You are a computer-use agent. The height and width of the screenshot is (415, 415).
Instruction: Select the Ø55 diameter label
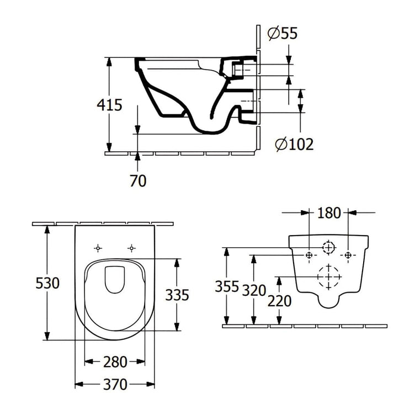tap(282, 34)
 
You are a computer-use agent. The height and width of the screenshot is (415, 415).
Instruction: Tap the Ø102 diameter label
tap(294, 145)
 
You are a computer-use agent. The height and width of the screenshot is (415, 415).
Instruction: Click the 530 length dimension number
tap(46, 284)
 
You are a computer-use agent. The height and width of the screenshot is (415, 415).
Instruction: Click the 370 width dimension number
tap(115, 383)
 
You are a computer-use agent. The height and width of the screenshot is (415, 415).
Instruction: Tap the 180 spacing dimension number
tap(329, 212)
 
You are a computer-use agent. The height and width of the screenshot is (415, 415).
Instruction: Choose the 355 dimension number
tap(227, 287)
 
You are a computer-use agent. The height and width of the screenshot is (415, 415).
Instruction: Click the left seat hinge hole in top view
tap(98, 248)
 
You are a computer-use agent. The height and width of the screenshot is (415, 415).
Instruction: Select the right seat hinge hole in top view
tap(131, 248)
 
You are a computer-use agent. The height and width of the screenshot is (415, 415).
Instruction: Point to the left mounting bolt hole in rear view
tap(310, 255)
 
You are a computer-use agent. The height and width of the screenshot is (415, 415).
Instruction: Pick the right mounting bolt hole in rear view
tap(348, 255)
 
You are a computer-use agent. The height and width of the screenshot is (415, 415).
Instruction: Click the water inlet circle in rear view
tap(329, 247)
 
